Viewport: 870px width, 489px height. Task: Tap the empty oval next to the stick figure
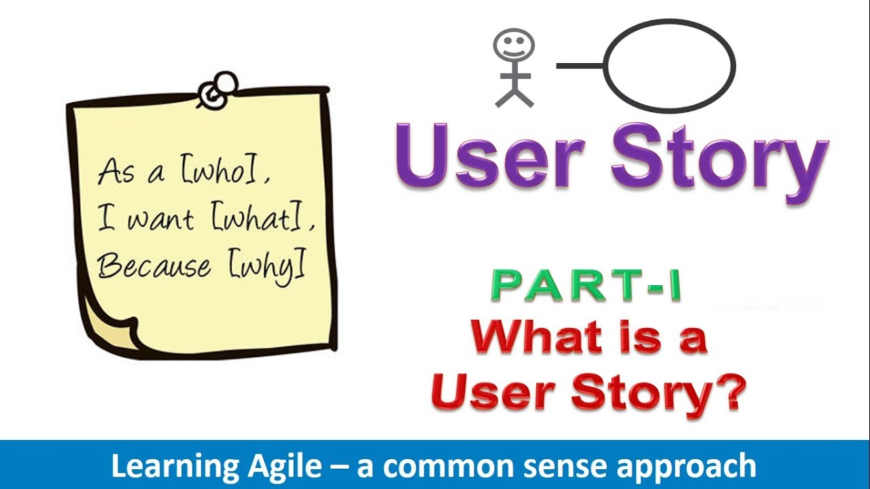[x=669, y=67]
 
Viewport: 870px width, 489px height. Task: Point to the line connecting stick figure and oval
[x=580, y=66]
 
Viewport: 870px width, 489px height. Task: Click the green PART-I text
[x=586, y=287]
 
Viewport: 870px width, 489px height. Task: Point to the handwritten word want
[x=160, y=220]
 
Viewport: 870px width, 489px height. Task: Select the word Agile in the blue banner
[x=282, y=467]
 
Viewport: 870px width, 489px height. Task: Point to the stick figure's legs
[x=514, y=96]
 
